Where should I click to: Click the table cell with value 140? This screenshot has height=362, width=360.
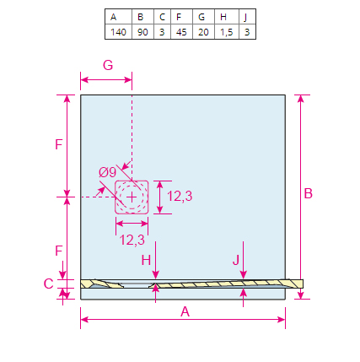pos(118,32)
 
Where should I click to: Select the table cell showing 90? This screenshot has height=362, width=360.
pos(142,32)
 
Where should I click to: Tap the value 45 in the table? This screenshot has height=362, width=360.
pos(181,32)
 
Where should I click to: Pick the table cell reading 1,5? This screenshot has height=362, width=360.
pos(227,32)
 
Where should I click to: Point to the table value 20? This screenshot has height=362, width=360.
pos(203,32)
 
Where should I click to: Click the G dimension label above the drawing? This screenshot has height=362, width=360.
pos(108,65)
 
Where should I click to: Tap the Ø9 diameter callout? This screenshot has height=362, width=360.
pos(107,172)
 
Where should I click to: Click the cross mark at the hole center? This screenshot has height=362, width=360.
pos(132,197)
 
